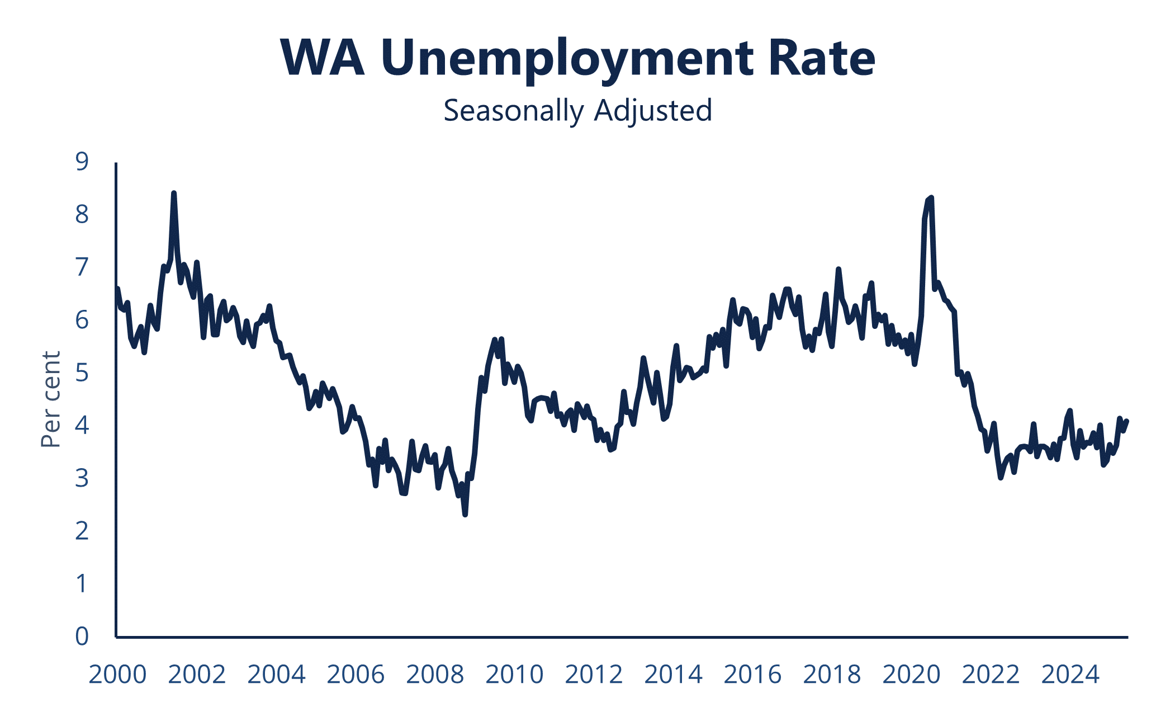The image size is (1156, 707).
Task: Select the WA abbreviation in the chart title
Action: [323, 58]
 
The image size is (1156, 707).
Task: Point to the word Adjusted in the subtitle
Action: [653, 111]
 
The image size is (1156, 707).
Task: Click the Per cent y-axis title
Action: [51, 399]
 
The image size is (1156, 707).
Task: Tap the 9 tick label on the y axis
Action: [82, 162]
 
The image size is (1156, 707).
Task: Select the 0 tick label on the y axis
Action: [82, 636]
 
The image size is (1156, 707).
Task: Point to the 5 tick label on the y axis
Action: [82, 373]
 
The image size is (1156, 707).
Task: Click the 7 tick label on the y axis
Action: [82, 267]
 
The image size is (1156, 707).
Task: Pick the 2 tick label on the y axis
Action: [82, 531]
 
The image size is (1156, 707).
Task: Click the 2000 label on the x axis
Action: [117, 675]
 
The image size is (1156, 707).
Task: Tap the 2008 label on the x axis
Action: [435, 675]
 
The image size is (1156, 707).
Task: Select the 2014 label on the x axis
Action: [673, 675]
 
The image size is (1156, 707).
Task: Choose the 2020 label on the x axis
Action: [911, 675]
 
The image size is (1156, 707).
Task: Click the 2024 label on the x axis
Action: [1070, 675]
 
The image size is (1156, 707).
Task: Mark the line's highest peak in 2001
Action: [174, 194]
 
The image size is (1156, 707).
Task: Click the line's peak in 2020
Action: [931, 197]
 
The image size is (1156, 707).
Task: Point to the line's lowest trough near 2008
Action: [465, 514]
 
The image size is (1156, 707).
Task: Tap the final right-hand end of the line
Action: [1127, 421]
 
